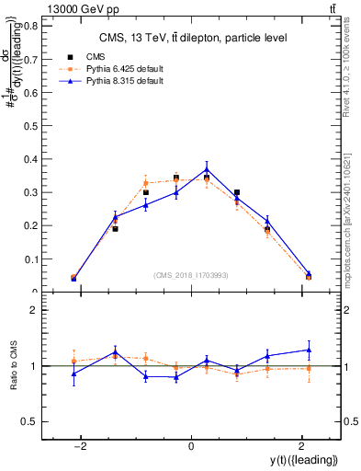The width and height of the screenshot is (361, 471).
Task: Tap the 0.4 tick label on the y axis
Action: [29, 159]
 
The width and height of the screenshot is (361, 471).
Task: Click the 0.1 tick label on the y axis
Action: [29, 259]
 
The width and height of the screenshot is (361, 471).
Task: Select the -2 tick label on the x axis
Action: [81, 446]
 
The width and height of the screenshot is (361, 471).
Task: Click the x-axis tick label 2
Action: [300, 446]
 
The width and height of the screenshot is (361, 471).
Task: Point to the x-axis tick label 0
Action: [190, 446]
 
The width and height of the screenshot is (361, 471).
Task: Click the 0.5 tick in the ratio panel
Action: [29, 421]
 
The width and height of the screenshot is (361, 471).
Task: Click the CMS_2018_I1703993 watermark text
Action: [190, 276]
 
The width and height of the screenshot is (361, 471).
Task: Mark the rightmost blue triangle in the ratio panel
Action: [309, 350]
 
